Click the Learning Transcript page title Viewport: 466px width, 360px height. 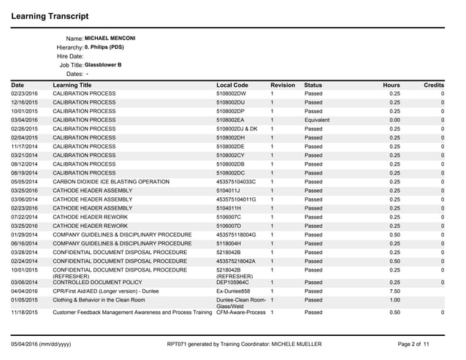pyautogui.click(x=50, y=15)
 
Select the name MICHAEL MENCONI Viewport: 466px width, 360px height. pyautogui.click(x=110, y=38)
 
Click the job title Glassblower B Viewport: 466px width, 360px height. pyautogui.click(x=103, y=65)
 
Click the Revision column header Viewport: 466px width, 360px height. pyautogui.click(x=282, y=85)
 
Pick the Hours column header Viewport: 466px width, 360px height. pyautogui.click(x=391, y=85)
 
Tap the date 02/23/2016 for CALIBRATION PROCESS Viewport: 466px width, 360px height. pyautogui.click(x=24, y=94)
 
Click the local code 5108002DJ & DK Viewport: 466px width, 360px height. pyautogui.click(x=237, y=128)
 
